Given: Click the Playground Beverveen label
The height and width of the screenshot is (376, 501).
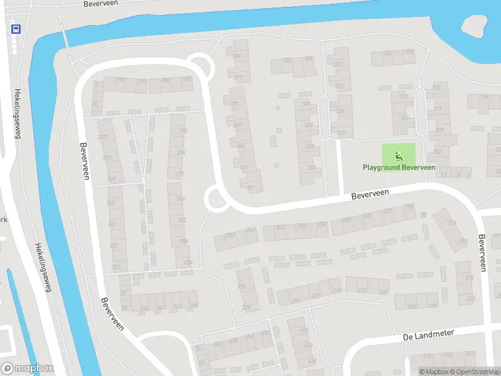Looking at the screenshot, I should click(398, 167).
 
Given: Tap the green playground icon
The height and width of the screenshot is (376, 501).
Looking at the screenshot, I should click(398, 155).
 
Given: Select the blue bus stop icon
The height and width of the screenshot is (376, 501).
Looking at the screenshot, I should click(16, 28).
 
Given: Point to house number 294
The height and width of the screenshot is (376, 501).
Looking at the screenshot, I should click(120, 80).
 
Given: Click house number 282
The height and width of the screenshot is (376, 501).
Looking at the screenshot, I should click(187, 79).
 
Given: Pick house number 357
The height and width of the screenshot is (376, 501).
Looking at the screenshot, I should click(251, 187).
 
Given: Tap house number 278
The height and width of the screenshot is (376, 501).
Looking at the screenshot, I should click(182, 131).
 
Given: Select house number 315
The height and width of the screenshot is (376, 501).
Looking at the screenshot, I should click(436, 87).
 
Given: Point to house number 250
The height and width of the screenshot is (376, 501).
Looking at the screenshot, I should click(230, 235).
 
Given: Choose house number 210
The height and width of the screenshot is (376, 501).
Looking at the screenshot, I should click(463, 241).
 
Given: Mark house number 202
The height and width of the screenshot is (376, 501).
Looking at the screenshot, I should click(470, 299).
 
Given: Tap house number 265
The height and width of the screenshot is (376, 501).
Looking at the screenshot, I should click(111, 203).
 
